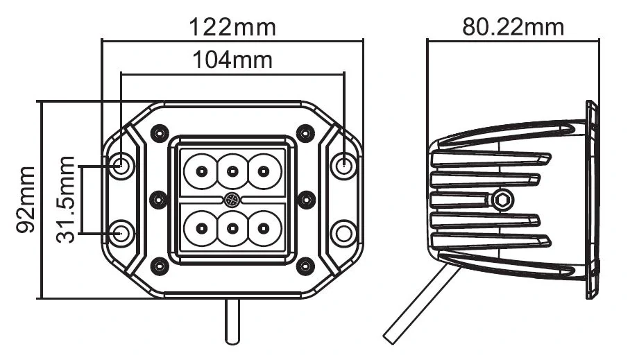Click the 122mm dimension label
(x=232, y=27)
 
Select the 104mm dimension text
(x=232, y=60)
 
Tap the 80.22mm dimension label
(x=513, y=27)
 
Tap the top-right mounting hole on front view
(x=343, y=165)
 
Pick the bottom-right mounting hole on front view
(x=343, y=233)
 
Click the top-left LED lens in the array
(x=200, y=171)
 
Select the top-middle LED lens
(x=232, y=171)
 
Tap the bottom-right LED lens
(x=264, y=227)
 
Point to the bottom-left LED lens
(x=200, y=227)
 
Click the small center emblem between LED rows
(x=232, y=200)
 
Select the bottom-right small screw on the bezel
(x=305, y=265)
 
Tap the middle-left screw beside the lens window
(x=159, y=199)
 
